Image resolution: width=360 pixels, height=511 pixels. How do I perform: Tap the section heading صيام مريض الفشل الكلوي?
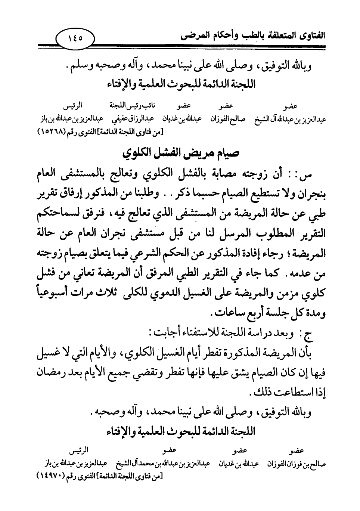(180, 153)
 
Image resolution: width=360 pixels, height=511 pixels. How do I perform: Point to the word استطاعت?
(290, 393)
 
